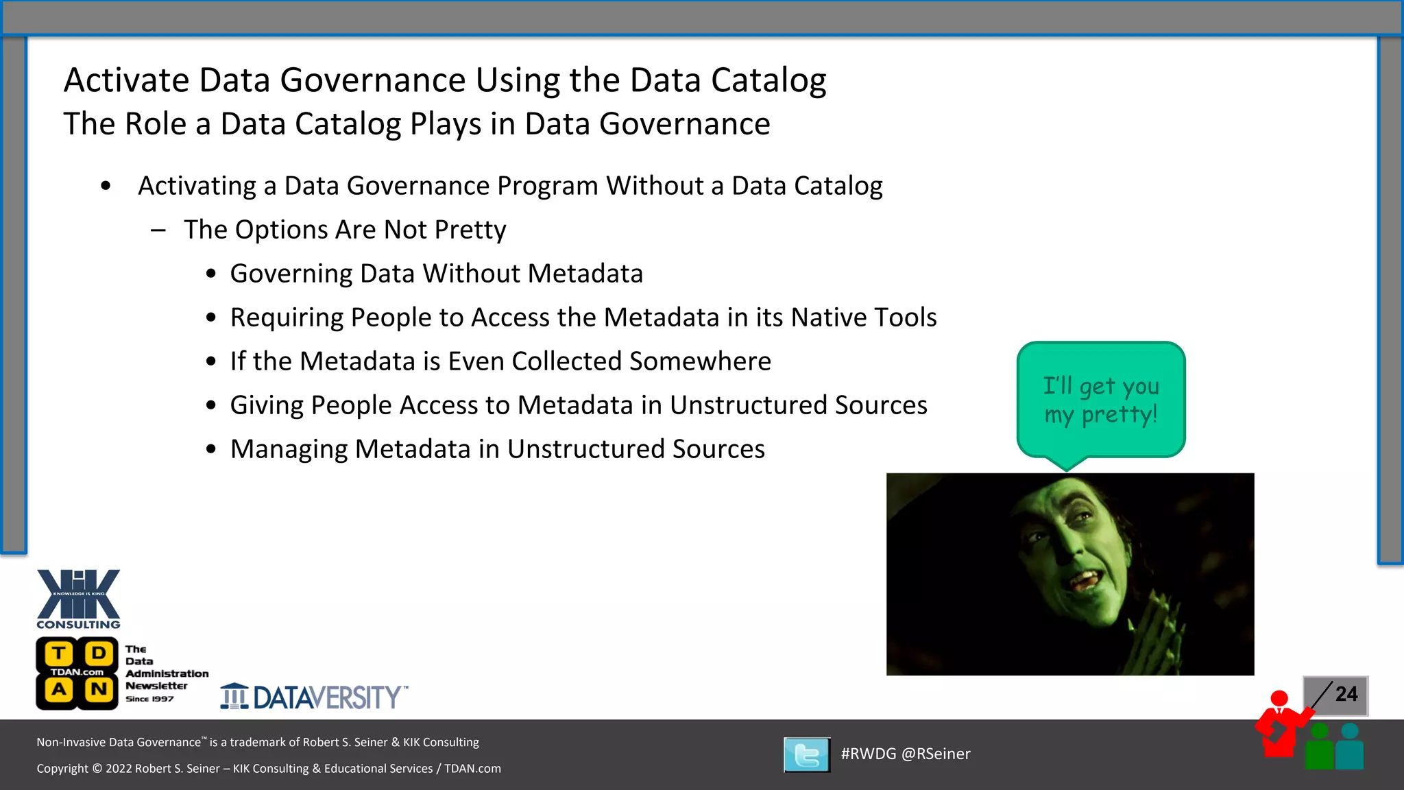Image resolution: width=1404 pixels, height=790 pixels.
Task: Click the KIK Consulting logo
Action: point(78,598)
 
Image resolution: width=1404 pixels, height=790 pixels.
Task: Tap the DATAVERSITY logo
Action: point(314,697)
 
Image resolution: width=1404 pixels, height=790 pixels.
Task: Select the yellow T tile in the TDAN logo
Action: point(59,654)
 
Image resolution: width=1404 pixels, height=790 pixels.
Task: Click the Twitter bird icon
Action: point(807,755)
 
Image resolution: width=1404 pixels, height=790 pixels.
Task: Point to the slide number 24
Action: point(1346,694)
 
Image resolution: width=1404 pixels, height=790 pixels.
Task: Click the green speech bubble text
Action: point(1101,400)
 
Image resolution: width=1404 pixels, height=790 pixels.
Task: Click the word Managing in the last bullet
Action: point(289,449)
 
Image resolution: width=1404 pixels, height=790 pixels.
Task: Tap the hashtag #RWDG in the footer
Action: point(868,754)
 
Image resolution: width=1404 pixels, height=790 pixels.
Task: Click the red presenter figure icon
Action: point(1279,727)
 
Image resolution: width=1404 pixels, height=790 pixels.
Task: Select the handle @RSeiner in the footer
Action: point(936,754)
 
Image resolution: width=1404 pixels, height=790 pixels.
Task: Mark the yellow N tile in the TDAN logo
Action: point(99,689)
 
